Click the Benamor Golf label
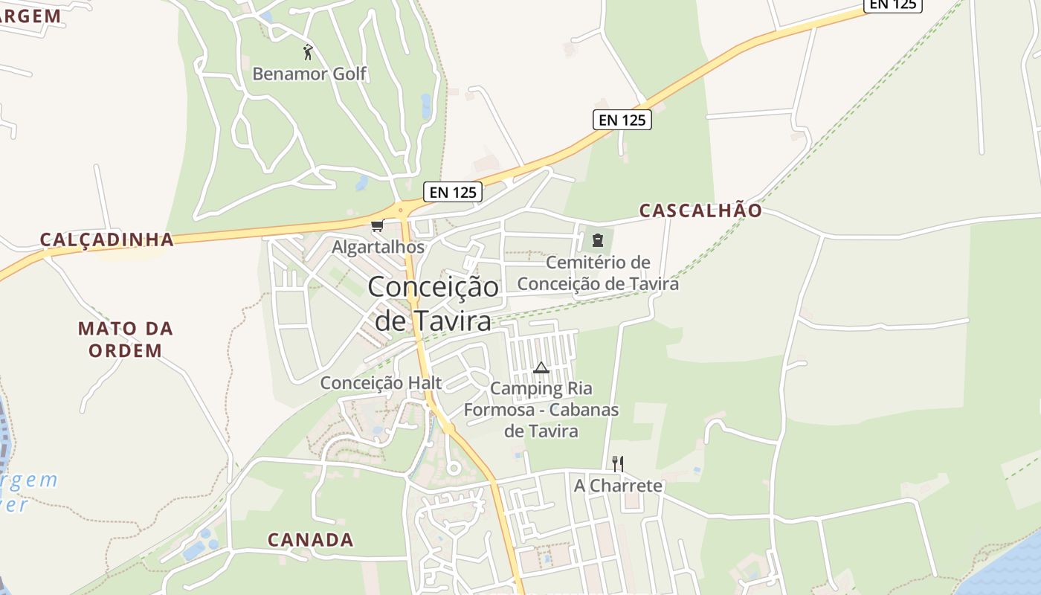coord(309,74)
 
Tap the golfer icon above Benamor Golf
coord(308,52)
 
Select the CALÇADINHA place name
coord(106,239)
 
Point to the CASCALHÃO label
coord(700,210)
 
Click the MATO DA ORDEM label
coord(125,339)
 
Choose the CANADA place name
coord(310,540)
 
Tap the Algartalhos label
coord(378,247)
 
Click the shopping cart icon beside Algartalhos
coord(378,225)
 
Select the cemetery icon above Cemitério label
coord(597,239)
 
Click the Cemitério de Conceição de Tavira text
coord(598,273)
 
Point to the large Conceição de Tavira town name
coord(433,303)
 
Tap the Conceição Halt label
coord(381,383)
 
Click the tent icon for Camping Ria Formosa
coord(541,367)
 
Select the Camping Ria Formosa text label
coord(541,409)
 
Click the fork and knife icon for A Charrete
coord(617,464)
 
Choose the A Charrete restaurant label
coord(618,486)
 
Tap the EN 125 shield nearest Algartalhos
coord(453,192)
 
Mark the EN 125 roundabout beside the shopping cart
coord(403,208)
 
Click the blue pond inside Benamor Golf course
coord(426,106)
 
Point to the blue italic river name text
coord(26,491)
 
